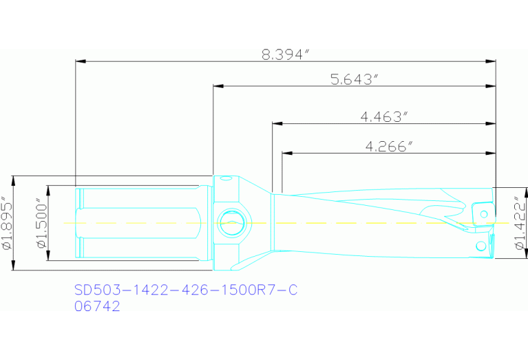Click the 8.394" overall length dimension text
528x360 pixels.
click(283, 54)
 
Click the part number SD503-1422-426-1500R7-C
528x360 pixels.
click(186, 290)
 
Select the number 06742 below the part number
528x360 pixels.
click(97, 306)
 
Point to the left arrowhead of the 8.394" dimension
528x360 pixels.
click(79, 62)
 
